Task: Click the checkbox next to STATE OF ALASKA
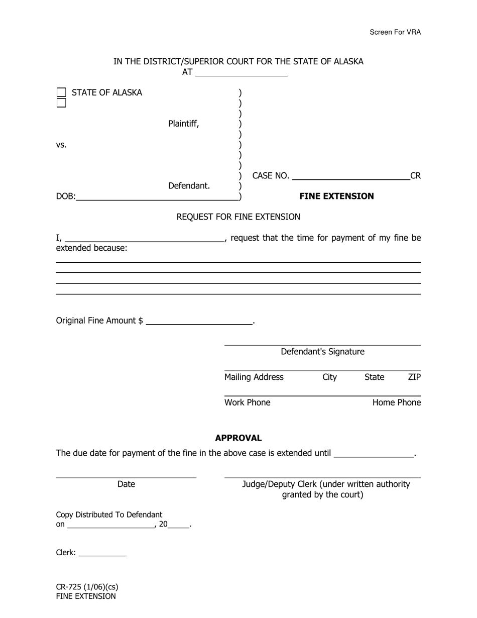coord(61,92)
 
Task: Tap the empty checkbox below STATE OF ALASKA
coord(61,103)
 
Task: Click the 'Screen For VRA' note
coord(395,32)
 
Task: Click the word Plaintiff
coord(183,124)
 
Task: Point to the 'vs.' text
coord(61,145)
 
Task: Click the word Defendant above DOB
coord(189,186)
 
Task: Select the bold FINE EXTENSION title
coord(336,196)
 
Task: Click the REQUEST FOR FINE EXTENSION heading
coord(238,217)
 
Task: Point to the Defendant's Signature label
coord(322,352)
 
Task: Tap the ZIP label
coord(414,377)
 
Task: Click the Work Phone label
coord(247,402)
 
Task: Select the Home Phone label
coord(397,402)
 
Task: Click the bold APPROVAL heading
coord(238,438)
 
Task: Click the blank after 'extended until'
coord(374,453)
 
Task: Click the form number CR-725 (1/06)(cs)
coord(87,587)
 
